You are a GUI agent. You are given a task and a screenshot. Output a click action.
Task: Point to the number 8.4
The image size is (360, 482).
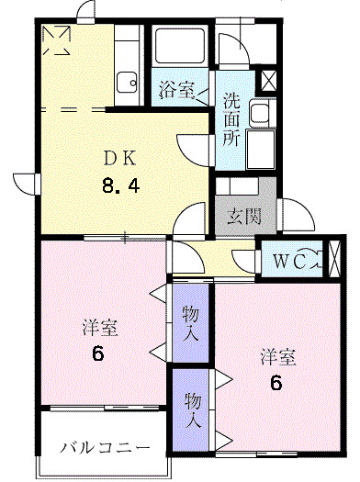(x=122, y=187)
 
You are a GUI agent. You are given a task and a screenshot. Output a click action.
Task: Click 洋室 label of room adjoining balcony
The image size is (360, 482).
(x=99, y=328)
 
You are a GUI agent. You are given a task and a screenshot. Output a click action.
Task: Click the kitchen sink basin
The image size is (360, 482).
(x=127, y=81)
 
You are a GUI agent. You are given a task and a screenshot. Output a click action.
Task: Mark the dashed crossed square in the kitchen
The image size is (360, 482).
(x=57, y=41)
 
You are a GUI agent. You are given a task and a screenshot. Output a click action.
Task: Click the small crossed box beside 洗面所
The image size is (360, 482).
(x=270, y=79)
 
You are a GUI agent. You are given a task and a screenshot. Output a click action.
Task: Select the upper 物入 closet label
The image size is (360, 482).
(x=191, y=323)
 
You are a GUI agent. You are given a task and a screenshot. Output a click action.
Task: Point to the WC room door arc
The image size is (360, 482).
(x=245, y=260)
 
